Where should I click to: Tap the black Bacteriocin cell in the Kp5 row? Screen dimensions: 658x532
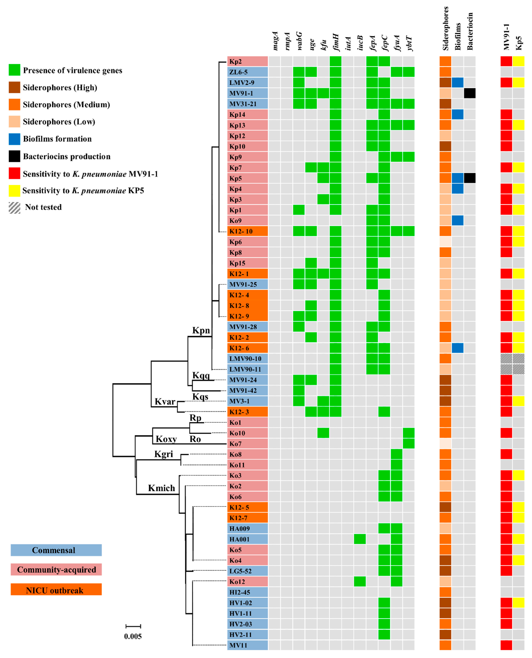(470, 178)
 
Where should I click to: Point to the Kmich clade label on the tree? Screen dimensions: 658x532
(161, 488)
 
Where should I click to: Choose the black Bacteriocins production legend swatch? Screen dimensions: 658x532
(14, 156)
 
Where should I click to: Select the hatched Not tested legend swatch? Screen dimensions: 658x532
(14, 208)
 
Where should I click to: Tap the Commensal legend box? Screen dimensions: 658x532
(56, 550)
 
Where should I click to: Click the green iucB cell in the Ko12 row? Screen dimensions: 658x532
(360, 581)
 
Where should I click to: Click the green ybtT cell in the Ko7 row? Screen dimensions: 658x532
(408, 444)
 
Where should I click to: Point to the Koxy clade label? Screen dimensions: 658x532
(166, 439)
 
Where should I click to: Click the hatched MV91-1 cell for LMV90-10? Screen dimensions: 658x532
(506, 359)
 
